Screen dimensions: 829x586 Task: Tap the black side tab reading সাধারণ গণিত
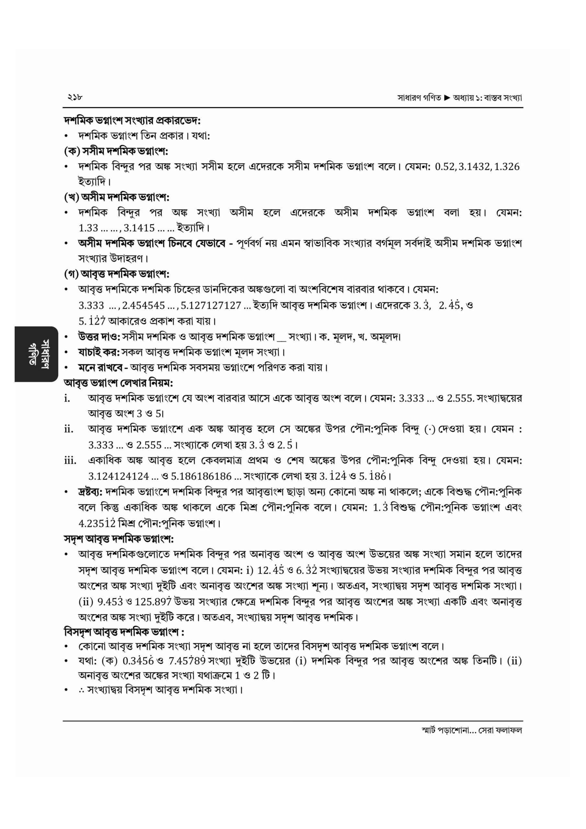pyautogui.click(x=36, y=354)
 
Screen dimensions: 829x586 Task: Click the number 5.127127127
pyautogui.click(x=211, y=305)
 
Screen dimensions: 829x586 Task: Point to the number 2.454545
pyautogui.click(x=144, y=305)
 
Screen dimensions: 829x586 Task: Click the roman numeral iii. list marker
pyautogui.click(x=70, y=461)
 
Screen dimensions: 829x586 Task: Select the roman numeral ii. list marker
pyautogui.click(x=69, y=429)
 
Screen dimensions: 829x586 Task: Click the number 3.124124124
pyautogui.click(x=119, y=476)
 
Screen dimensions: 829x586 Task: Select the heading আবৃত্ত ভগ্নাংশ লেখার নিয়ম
pyautogui.click(x=119, y=382)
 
